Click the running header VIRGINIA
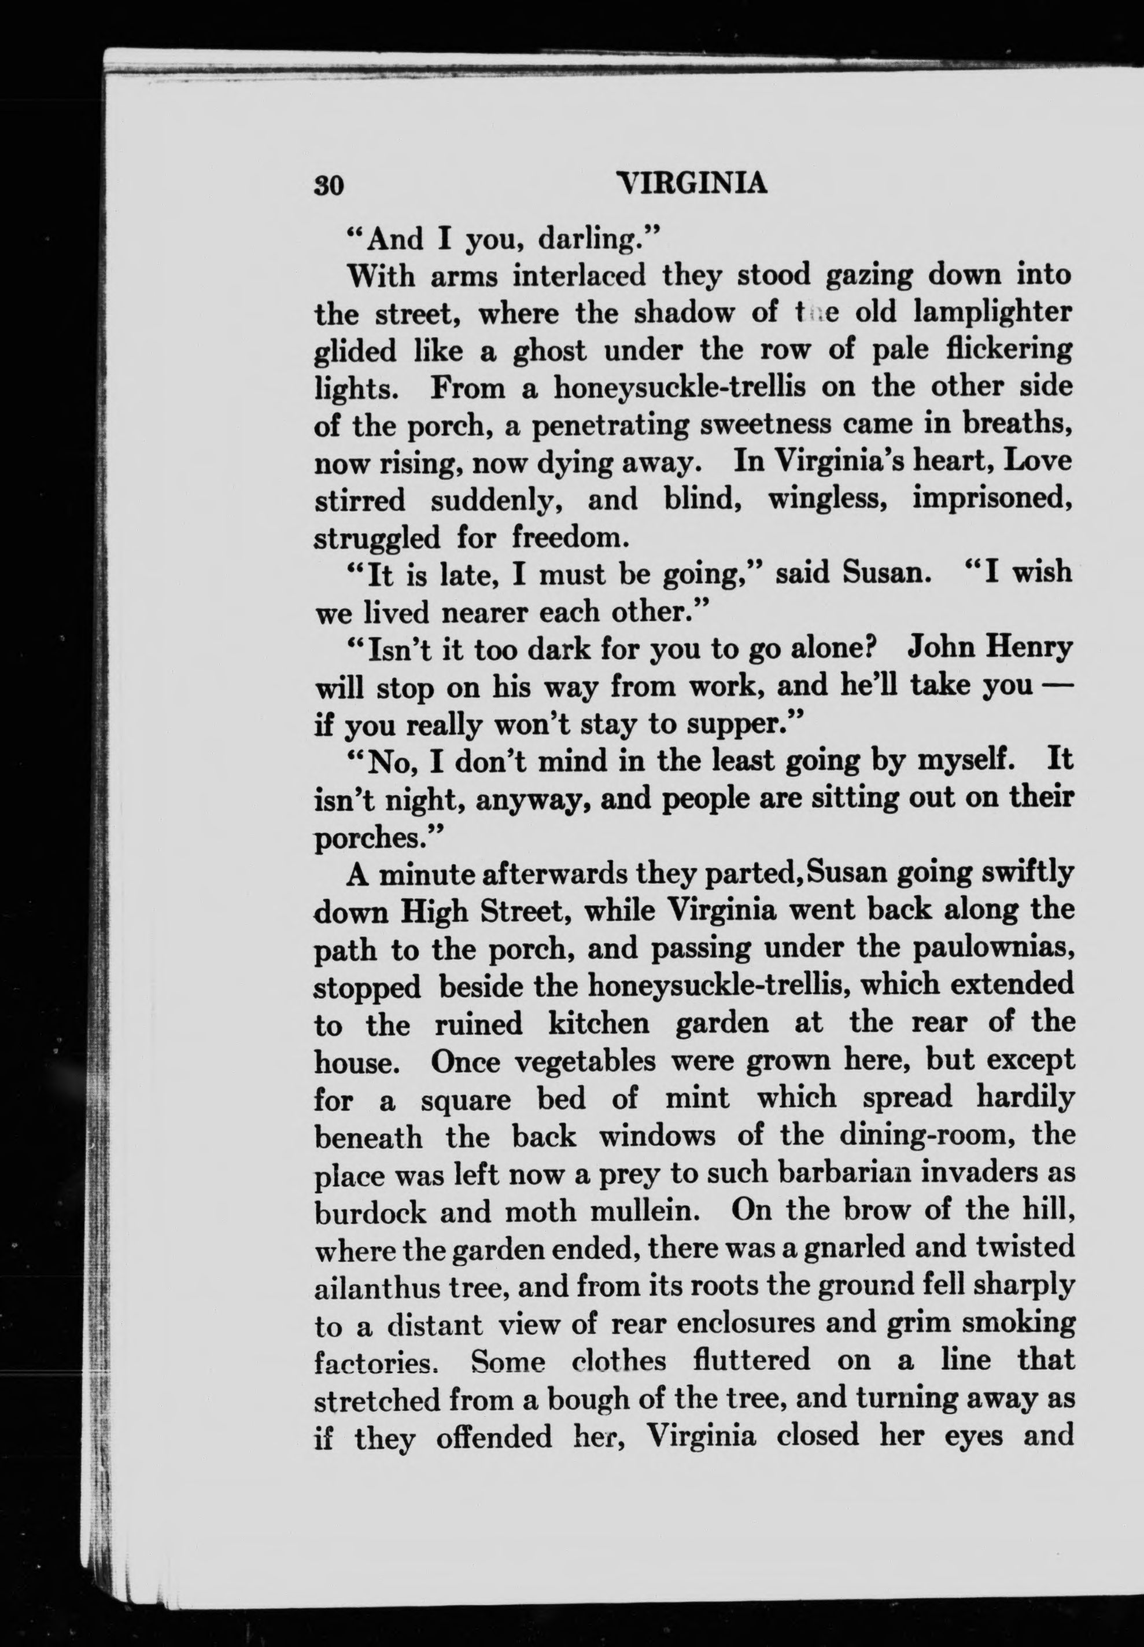[691, 183]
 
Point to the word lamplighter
[992, 313]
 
